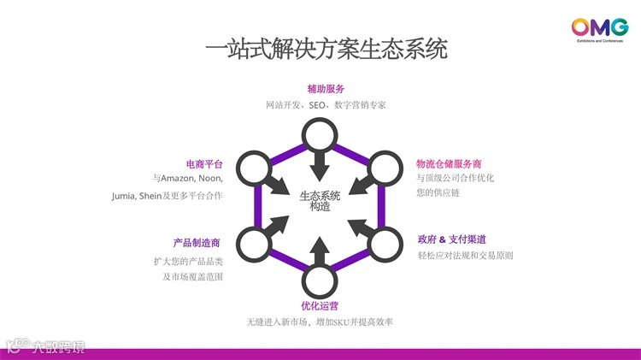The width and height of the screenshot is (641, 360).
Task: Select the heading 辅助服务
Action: click(326, 89)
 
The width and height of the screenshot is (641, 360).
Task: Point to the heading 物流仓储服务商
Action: click(449, 163)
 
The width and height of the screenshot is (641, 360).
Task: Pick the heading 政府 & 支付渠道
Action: click(451, 239)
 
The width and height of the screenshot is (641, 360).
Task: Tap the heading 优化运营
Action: click(319, 305)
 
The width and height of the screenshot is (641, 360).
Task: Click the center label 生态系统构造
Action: click(320, 200)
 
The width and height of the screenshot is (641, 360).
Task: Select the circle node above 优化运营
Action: click(319, 279)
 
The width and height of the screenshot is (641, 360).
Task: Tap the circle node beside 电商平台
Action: click(254, 168)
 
